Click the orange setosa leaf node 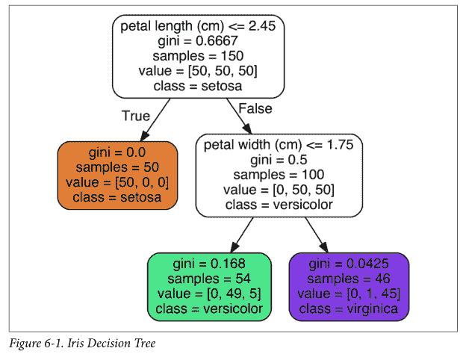tap(118, 175)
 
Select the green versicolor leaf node tap(208, 287)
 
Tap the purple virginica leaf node tap(349, 287)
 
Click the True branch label tap(135, 117)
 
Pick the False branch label tap(254, 109)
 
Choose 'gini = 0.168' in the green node tap(208, 264)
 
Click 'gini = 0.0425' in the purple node tap(349, 264)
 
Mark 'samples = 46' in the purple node tap(349, 279)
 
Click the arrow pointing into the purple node tap(317, 235)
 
